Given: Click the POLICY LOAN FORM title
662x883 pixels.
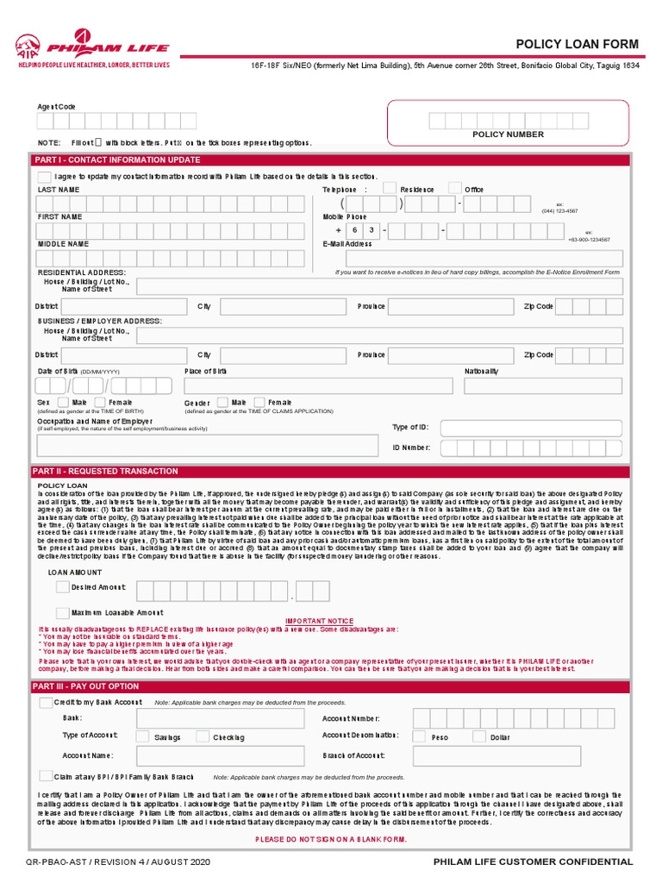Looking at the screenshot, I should [x=577, y=44].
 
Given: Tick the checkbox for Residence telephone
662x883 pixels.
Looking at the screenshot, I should [x=390, y=188].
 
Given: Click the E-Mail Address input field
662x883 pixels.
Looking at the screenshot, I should [x=472, y=258].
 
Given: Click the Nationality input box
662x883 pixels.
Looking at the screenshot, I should [x=542, y=385].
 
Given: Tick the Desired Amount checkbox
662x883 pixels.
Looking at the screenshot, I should [x=62, y=586].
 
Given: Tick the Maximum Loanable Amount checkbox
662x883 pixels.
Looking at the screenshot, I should [x=62, y=612].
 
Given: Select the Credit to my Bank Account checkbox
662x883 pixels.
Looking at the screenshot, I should [x=46, y=703].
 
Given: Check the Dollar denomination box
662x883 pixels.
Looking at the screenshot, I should [x=478, y=736].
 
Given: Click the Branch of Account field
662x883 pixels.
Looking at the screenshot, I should [x=517, y=756].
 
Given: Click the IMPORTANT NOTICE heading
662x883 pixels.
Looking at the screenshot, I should [x=320, y=620].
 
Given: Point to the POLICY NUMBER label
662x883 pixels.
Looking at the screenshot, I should [x=508, y=135].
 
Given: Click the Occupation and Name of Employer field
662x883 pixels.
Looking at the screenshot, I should [x=207, y=445].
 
